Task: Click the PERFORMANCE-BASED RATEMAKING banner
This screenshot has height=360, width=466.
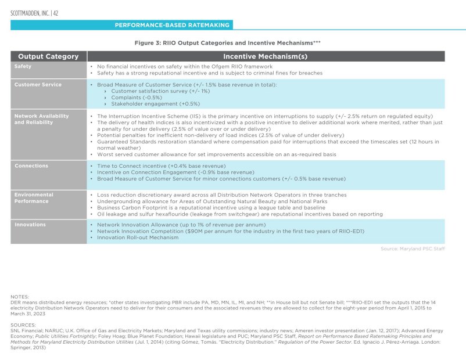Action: pyautogui.click(x=173, y=25)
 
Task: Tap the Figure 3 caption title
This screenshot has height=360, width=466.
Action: pyautogui.click(x=227, y=42)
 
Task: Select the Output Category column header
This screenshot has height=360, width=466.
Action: pyautogui.click(x=48, y=56)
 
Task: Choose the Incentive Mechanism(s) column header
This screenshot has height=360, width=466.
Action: pyautogui.click(x=265, y=56)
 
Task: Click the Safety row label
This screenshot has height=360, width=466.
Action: pyautogui.click(x=23, y=67)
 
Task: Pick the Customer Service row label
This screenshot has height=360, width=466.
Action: pyautogui.click(x=38, y=85)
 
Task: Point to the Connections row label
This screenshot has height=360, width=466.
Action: pyautogui.click(x=31, y=166)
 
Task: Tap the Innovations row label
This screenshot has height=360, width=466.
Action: pyautogui.click(x=30, y=224)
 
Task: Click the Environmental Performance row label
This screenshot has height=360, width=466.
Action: pyautogui.click(x=34, y=198)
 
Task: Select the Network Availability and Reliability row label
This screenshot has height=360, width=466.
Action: pyautogui.click(x=41, y=119)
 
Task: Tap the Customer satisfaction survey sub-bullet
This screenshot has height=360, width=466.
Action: pyautogui.click(x=160, y=91)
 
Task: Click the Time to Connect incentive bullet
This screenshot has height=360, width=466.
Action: pyautogui.click(x=161, y=166)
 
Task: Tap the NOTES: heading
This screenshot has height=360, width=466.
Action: pyautogui.click(x=20, y=297)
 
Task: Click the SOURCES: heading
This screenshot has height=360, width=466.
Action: pyautogui.click(x=23, y=325)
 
